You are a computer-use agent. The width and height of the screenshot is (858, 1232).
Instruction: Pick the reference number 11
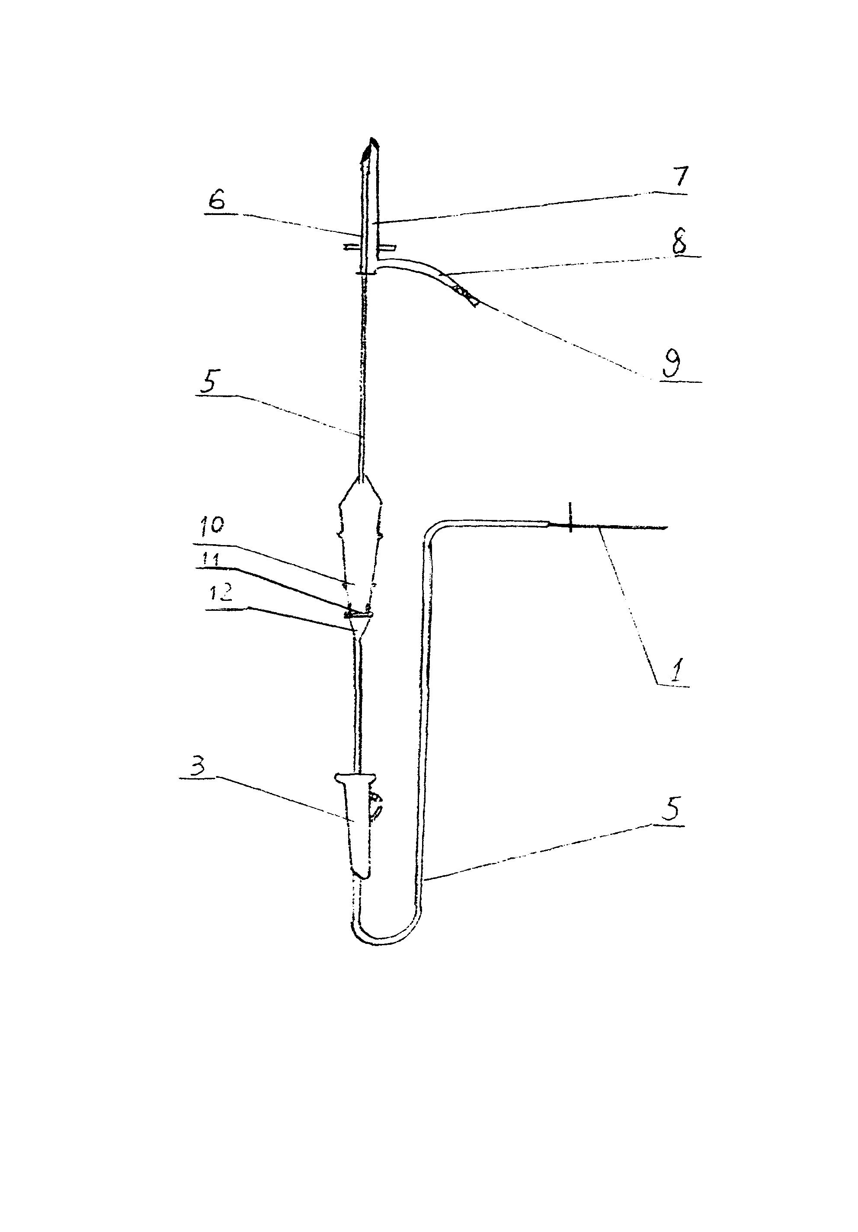click(x=210, y=560)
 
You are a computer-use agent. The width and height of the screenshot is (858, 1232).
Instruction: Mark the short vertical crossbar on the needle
click(x=570, y=517)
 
